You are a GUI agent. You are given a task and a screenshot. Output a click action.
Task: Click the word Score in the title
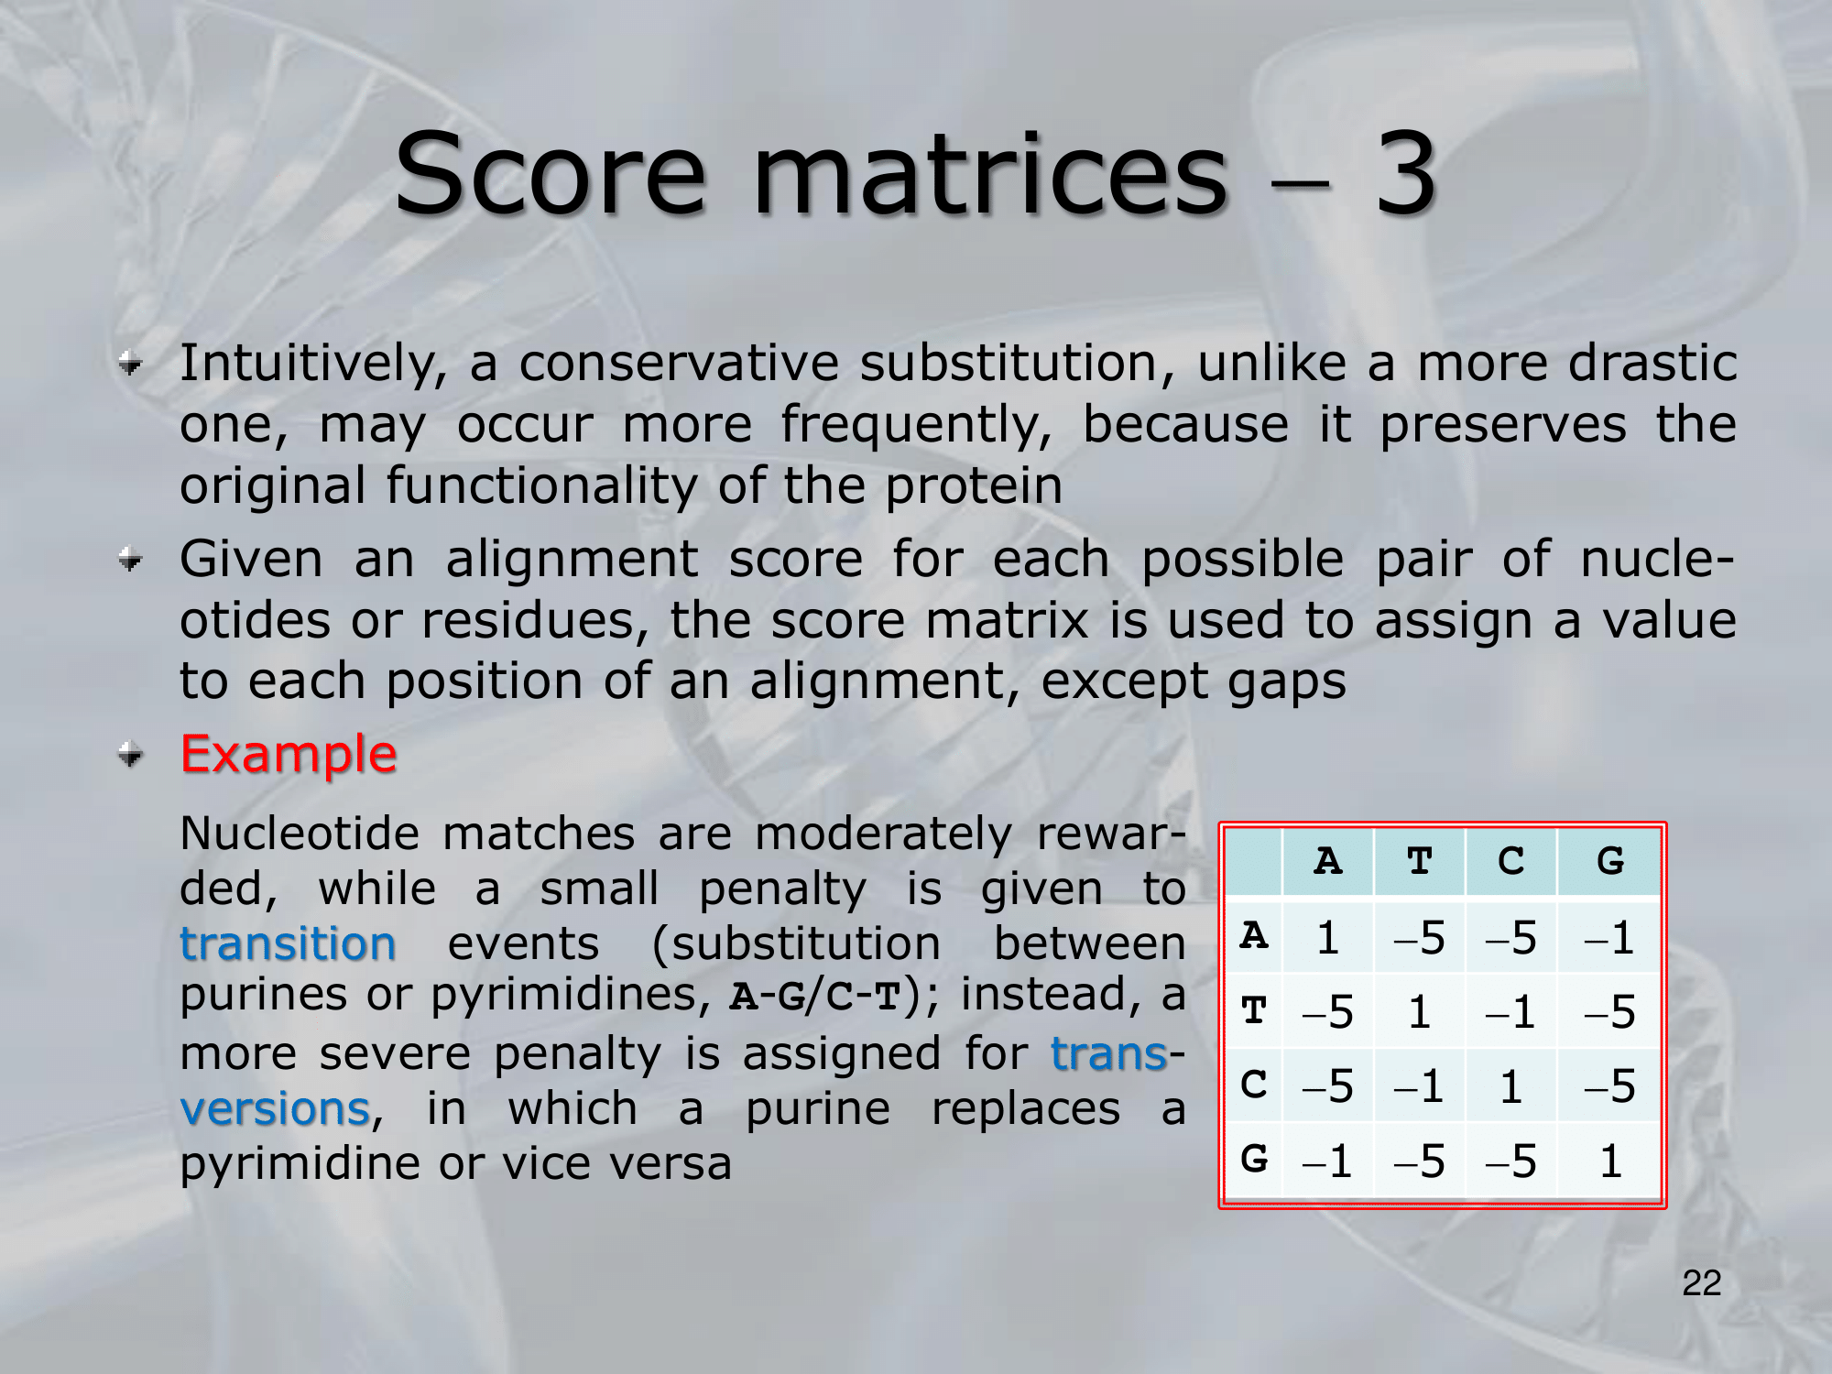coord(551,174)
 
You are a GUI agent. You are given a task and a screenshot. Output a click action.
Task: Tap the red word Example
coord(289,755)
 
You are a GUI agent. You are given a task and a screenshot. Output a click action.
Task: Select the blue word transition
coord(288,943)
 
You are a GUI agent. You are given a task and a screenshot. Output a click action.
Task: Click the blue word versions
coord(275,1108)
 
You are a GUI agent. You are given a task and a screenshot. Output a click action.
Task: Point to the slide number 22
coord(1702,1282)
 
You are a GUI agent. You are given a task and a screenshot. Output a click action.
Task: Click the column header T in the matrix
coord(1420,861)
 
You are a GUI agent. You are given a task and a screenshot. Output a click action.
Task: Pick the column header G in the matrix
coord(1609,861)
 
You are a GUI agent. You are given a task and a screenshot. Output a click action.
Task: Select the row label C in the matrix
coord(1254,1085)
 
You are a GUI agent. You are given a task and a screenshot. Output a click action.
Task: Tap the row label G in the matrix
coord(1254,1161)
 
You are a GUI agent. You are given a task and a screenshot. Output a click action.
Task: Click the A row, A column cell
coord(1328,937)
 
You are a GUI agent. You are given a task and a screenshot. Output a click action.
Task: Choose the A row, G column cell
coord(1609,937)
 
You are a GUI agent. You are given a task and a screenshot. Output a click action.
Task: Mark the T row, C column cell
coord(1511,1012)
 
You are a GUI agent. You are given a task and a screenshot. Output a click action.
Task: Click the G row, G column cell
coord(1609,1161)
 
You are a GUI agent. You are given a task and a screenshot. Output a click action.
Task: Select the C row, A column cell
coord(1328,1085)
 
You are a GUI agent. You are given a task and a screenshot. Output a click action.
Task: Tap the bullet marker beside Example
coord(132,755)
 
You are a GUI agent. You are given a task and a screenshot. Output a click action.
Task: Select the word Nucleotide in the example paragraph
coord(300,834)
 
